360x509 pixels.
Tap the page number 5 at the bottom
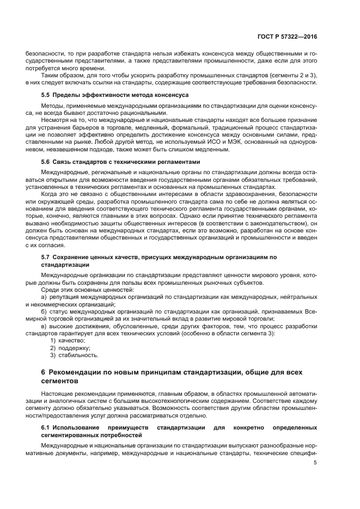click(315, 463)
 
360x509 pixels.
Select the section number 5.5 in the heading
click(46, 95)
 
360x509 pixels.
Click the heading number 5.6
click(46, 162)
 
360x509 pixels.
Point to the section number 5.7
click(46, 256)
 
